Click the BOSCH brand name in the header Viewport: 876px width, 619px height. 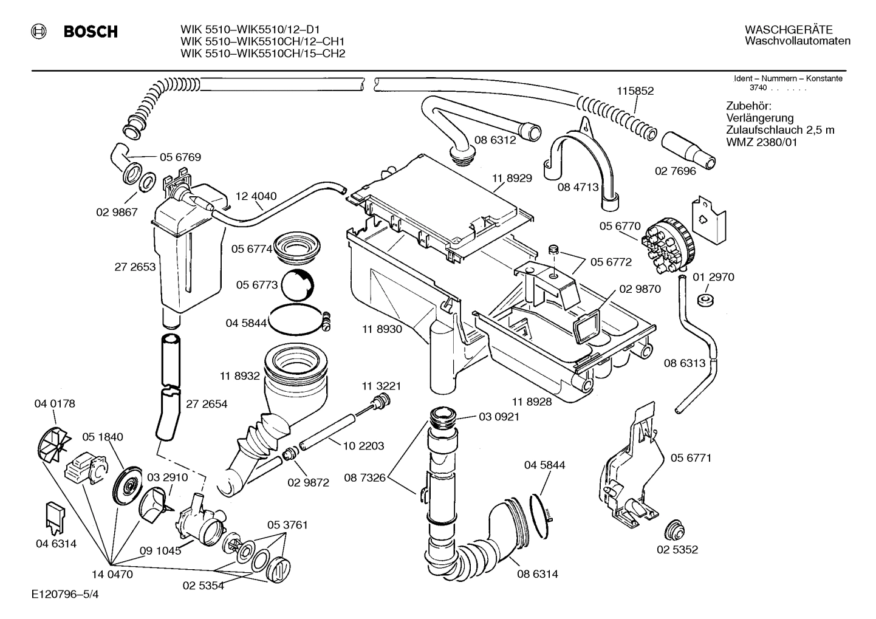[x=91, y=32]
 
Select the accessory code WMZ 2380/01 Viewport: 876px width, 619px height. [x=761, y=143]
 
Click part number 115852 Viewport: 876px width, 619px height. [x=635, y=91]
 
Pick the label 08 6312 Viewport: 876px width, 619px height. [x=495, y=140]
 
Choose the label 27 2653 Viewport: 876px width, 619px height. [x=135, y=267]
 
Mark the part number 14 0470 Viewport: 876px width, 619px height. [x=112, y=573]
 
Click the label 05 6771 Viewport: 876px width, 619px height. [x=691, y=457]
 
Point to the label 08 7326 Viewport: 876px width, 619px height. [x=364, y=477]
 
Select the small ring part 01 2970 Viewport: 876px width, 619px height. [x=705, y=299]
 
